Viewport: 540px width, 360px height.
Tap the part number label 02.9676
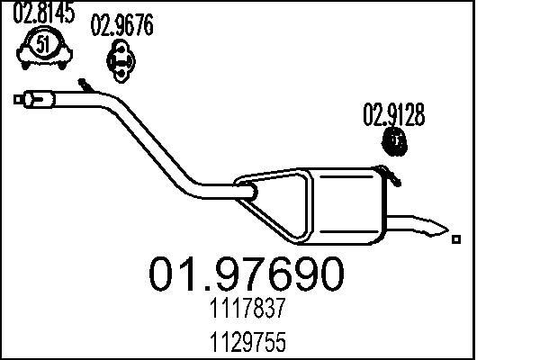122,26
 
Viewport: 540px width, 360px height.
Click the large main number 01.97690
244,274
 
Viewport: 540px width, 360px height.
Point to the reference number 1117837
244,311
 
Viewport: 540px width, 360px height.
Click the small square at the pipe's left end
18,98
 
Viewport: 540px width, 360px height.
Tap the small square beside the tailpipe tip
457,238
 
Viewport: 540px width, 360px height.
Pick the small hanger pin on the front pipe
85,85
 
